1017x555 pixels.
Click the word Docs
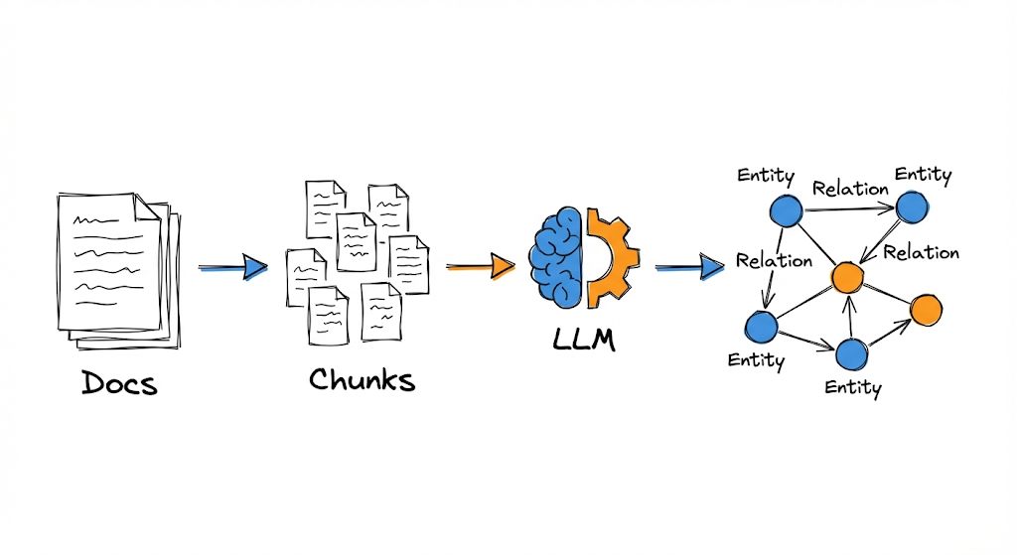(x=119, y=382)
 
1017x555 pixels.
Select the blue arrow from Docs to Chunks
(x=233, y=267)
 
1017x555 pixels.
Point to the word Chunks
(x=362, y=379)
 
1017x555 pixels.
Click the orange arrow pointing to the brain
(x=480, y=266)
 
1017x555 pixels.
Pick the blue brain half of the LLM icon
(x=556, y=256)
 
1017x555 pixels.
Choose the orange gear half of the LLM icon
(x=610, y=256)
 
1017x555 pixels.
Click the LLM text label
(x=584, y=340)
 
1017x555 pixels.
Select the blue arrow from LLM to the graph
(x=689, y=266)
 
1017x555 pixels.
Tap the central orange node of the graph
(x=846, y=278)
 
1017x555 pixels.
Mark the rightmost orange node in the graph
(x=926, y=310)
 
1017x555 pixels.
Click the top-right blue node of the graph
(x=912, y=208)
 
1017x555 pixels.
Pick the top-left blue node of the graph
(x=786, y=209)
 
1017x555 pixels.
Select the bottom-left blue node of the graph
(x=760, y=326)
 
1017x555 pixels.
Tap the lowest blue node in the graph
(x=852, y=353)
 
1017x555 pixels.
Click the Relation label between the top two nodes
(x=849, y=188)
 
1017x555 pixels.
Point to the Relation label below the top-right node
(x=921, y=252)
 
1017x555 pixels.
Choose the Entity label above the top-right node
(x=923, y=175)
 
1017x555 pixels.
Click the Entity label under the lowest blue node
(x=852, y=387)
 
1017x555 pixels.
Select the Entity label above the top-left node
(x=765, y=176)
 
